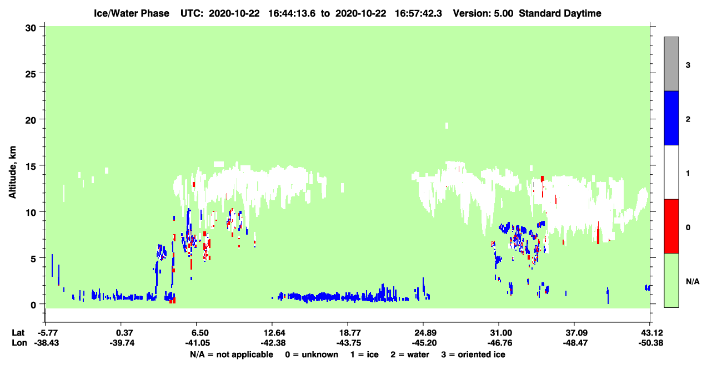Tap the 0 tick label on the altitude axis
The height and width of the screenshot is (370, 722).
[33, 305]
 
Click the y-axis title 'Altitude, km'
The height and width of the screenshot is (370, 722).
[12, 173]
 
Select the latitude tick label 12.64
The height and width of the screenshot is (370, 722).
[274, 333]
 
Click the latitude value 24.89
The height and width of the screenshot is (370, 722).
[425, 333]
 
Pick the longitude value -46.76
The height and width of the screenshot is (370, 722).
[500, 343]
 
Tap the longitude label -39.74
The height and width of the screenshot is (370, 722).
[122, 343]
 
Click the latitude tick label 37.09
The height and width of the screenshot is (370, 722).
[575, 333]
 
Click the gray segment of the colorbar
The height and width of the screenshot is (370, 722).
[671, 64]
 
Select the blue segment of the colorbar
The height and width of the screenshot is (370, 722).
[671, 118]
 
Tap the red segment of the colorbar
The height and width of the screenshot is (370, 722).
[671, 226]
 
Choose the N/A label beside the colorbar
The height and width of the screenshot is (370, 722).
[693, 282]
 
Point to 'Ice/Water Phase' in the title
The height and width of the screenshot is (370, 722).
[132, 13]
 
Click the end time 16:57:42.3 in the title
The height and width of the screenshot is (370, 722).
[418, 13]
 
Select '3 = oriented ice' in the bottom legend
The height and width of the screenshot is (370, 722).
[473, 354]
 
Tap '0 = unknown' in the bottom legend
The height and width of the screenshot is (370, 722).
[312, 354]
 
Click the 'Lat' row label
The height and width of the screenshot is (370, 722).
[18, 333]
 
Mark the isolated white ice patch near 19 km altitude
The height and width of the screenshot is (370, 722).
[447, 125]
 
